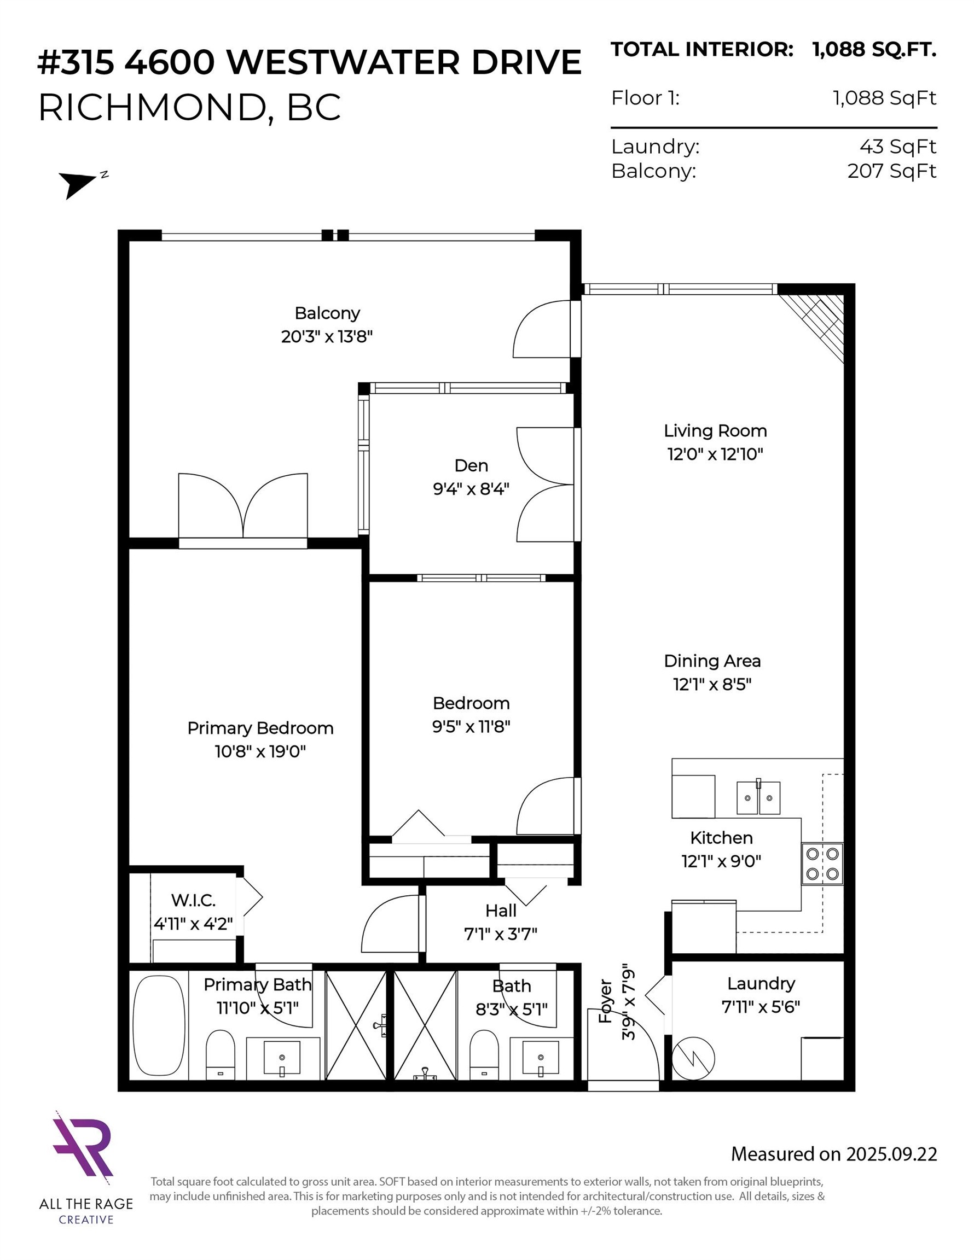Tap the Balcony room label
tap(327, 313)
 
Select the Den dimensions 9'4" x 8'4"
tap(471, 489)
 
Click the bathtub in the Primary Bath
tap(158, 1025)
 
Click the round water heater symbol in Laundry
tap(693, 1058)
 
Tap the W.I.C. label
tap(193, 900)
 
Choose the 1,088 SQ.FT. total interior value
tap(873, 50)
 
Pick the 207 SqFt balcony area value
tap(891, 171)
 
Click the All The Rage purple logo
tap(84, 1144)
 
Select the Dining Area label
tap(712, 661)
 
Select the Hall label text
tap(500, 911)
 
